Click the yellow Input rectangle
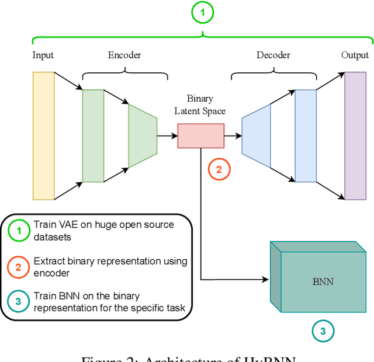[44, 136]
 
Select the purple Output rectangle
[355, 136]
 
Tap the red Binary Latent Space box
[200, 135]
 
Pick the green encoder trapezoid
[143, 136]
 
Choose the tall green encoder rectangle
[93, 136]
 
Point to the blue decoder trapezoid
[256, 136]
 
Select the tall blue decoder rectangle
[305, 136]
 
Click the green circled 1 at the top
[202, 12]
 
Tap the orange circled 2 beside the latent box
[219, 170]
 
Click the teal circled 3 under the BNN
[322, 332]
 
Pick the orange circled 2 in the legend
[19, 267]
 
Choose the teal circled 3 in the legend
[19, 302]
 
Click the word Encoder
[124, 55]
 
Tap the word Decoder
[273, 55]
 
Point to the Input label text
[43, 55]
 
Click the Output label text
[355, 55]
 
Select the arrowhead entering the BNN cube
[266, 280]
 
